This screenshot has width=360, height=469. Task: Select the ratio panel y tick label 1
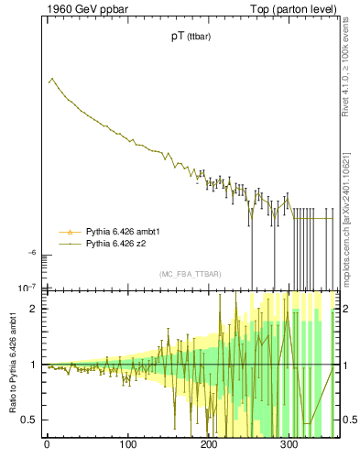35,365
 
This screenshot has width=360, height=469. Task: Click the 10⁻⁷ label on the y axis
28,288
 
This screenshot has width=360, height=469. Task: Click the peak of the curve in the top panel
52,79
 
